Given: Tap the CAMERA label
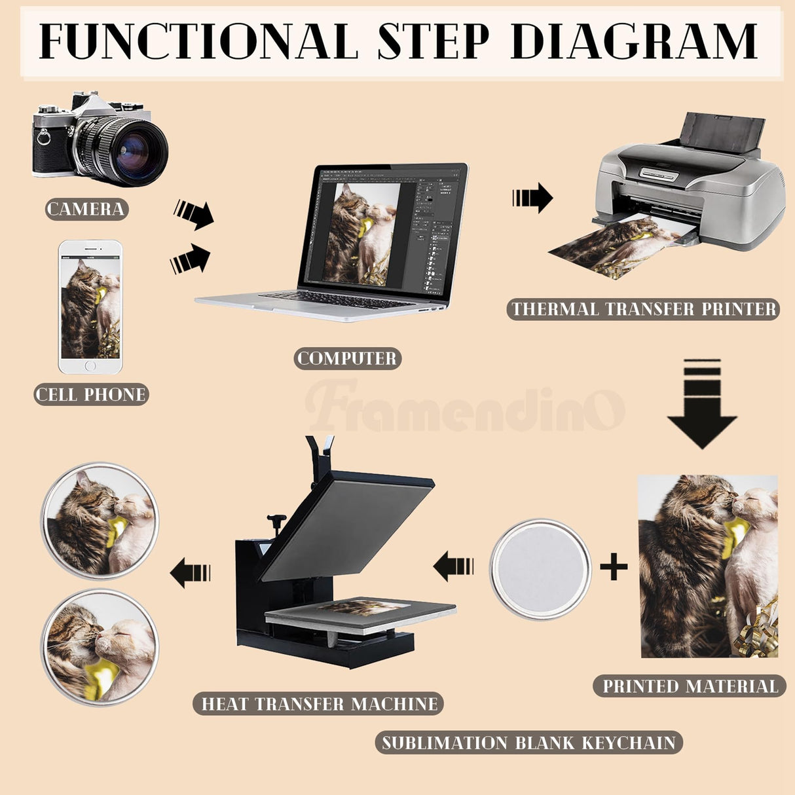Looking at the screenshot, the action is (x=86, y=209).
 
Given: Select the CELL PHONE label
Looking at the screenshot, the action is (x=91, y=395).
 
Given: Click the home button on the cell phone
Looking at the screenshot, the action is (x=90, y=366).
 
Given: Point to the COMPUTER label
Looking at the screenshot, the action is (x=347, y=358).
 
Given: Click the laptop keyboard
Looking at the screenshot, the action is (x=336, y=300).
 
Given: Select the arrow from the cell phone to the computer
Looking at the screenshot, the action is (x=190, y=259).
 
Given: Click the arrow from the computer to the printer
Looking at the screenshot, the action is (x=532, y=198).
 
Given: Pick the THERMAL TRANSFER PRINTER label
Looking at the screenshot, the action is (x=643, y=309).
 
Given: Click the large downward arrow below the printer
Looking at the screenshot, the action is (x=702, y=404).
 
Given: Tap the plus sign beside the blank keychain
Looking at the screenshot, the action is (x=614, y=566).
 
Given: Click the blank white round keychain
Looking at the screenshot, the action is (x=540, y=569).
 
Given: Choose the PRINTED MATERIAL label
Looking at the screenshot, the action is (x=690, y=686).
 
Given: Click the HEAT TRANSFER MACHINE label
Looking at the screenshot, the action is (x=318, y=704).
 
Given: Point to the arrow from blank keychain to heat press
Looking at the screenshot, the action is (x=453, y=566).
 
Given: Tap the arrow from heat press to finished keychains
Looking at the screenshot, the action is (x=190, y=572).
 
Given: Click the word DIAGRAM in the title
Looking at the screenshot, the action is (x=636, y=41).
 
